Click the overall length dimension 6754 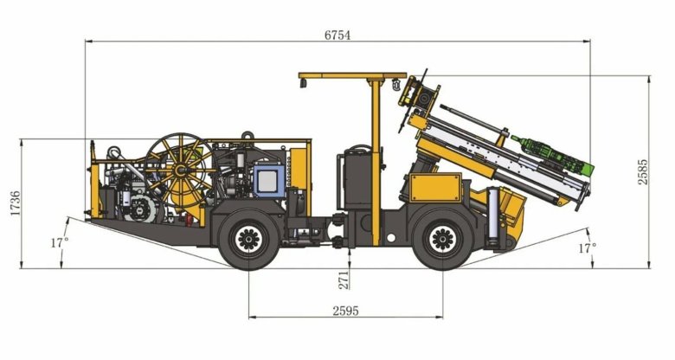[337, 35]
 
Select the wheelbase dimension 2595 [345, 311]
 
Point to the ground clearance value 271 [344, 280]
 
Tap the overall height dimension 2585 [642, 172]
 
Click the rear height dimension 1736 [15, 203]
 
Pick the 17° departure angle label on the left [60, 242]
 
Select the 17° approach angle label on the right [588, 248]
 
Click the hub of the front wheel [443, 240]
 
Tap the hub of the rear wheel [249, 240]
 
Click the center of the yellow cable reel [180, 170]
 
